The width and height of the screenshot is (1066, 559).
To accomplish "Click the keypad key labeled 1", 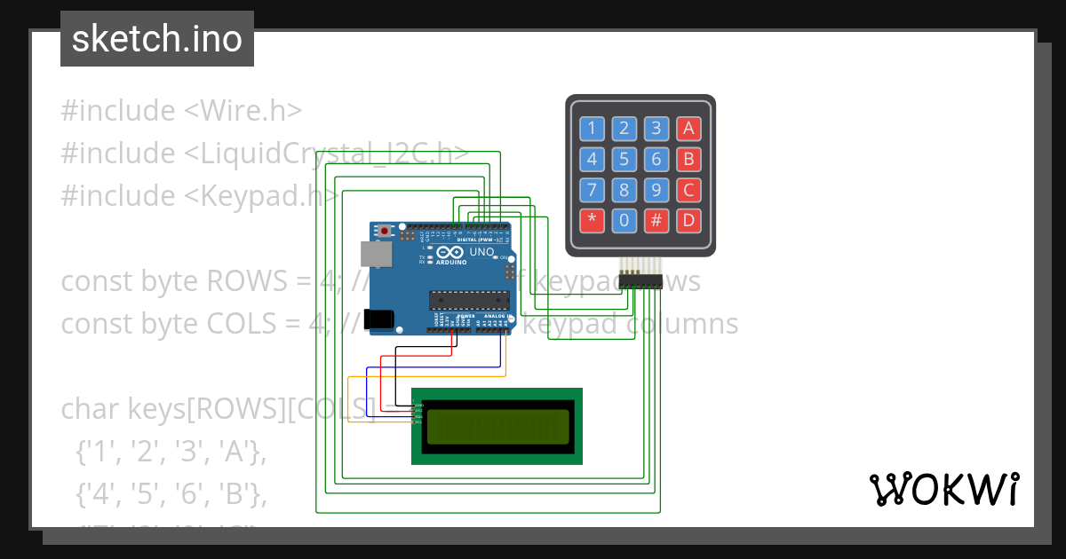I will pyautogui.click(x=592, y=129).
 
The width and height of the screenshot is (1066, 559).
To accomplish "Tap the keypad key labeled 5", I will pyautogui.click(x=624, y=160).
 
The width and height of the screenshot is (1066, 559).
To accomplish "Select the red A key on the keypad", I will pyautogui.click(x=688, y=129).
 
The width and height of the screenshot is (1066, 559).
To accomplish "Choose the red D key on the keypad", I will pyautogui.click(x=688, y=220).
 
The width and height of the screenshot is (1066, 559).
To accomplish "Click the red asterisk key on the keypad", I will pyautogui.click(x=592, y=220).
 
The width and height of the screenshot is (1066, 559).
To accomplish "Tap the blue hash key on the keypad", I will pyautogui.click(x=656, y=220).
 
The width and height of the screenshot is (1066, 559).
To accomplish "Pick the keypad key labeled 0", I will pyautogui.click(x=624, y=220).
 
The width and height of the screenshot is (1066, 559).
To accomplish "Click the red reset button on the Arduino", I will pyautogui.click(x=384, y=232).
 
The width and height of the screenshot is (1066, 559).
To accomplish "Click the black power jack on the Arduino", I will pyautogui.click(x=382, y=318).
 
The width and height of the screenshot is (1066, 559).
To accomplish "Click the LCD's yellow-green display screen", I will pyautogui.click(x=497, y=426).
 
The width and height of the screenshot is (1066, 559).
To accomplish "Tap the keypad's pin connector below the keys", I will pyautogui.click(x=641, y=281).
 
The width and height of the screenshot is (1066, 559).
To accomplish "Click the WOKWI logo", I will pyautogui.click(x=943, y=489).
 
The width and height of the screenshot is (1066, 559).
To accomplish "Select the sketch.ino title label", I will pyautogui.click(x=157, y=39).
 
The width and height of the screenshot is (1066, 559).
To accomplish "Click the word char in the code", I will pyautogui.click(x=91, y=409).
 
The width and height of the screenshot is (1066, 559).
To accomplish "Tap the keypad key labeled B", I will pyautogui.click(x=688, y=160).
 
